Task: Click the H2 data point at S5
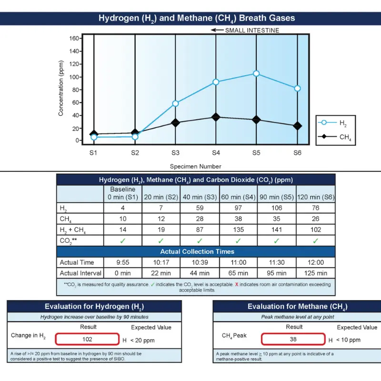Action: click(x=256, y=73)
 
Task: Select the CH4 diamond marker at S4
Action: click(x=216, y=117)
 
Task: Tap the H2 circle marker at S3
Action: click(x=175, y=103)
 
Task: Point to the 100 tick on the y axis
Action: click(x=73, y=77)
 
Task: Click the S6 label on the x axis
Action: click(x=297, y=153)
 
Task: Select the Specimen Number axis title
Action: click(x=195, y=166)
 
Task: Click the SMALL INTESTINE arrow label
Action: click(x=245, y=30)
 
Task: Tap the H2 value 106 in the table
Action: click(x=276, y=208)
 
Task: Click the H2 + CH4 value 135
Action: click(x=238, y=230)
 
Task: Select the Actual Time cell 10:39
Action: click(x=199, y=262)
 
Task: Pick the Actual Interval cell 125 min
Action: click(x=315, y=273)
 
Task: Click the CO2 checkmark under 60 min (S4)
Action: click(x=238, y=241)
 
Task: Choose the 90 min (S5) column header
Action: click(x=276, y=197)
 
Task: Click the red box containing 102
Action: click(x=87, y=340)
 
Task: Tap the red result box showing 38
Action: click(x=294, y=340)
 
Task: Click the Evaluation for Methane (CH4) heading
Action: click(x=297, y=307)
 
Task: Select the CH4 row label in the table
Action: click(x=63, y=219)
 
